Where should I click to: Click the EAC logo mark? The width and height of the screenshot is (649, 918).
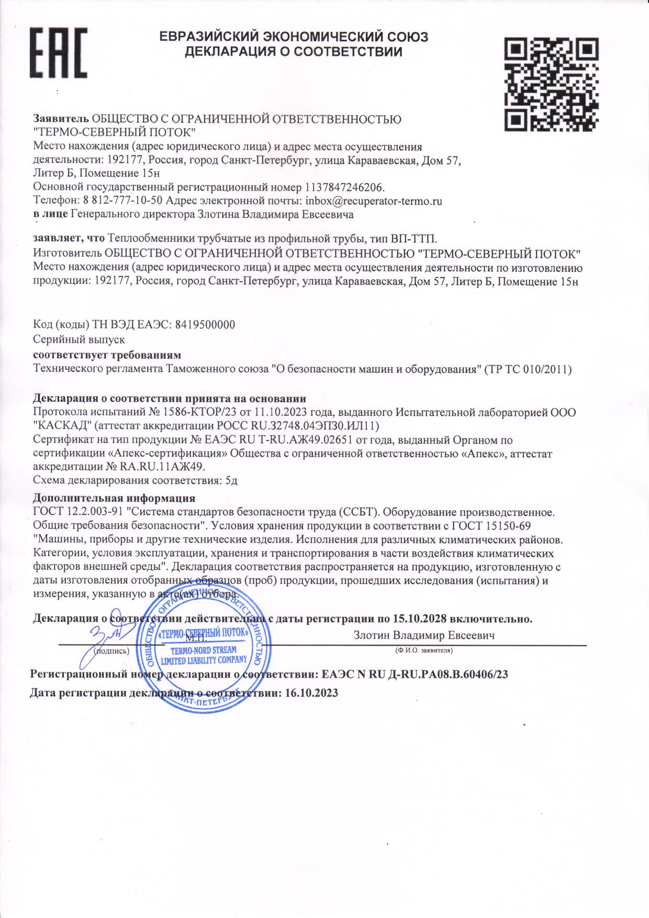[x=58, y=52]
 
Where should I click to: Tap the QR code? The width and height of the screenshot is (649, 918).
[x=551, y=84]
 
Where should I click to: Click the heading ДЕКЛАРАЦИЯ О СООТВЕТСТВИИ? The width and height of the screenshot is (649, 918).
[x=294, y=52]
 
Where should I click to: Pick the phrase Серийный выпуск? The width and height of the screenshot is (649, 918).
[x=79, y=340]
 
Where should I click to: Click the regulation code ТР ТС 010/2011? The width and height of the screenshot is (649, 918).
[x=528, y=369]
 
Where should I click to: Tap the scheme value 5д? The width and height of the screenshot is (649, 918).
[x=231, y=480]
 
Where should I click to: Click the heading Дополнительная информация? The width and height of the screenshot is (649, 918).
[x=114, y=497]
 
